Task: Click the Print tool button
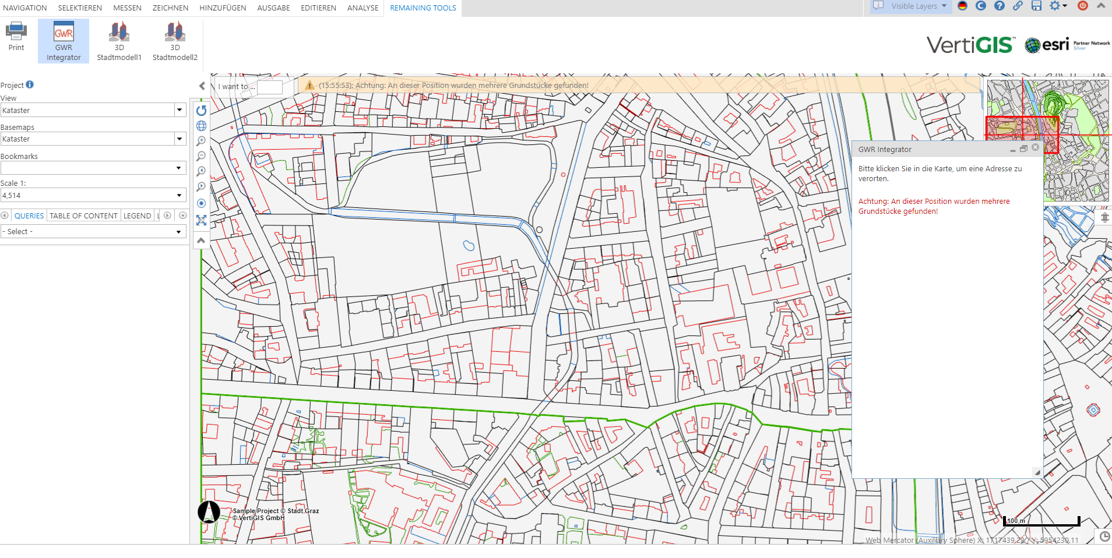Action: click(16, 36)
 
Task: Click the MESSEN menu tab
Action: click(127, 8)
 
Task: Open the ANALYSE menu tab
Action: click(363, 8)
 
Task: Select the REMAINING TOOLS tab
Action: click(423, 8)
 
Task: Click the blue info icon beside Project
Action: click(30, 84)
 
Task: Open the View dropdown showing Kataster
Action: click(93, 110)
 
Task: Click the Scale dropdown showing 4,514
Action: click(93, 196)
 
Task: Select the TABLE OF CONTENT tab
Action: click(83, 216)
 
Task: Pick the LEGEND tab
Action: click(137, 216)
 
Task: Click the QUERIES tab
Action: click(29, 216)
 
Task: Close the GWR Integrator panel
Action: click(1035, 148)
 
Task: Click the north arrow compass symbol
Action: click(209, 512)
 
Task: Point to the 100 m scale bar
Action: click(1041, 521)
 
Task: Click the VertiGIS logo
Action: click(970, 45)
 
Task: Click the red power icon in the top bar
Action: click(1083, 6)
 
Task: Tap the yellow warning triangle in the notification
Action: click(310, 86)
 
